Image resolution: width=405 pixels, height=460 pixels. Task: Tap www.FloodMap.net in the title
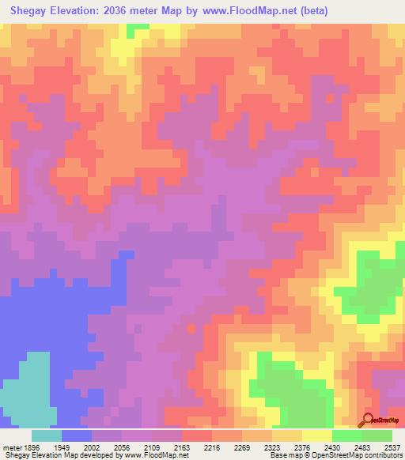(245, 11)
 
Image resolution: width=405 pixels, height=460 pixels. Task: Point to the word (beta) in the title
(310, 11)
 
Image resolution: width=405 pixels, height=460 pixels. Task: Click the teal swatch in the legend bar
(47, 435)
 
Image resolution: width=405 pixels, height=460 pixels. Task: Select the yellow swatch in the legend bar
(317, 435)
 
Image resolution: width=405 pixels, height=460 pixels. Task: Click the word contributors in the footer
(382, 456)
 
